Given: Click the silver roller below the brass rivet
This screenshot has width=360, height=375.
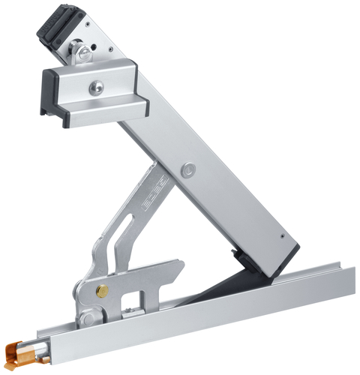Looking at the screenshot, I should (89, 318).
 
